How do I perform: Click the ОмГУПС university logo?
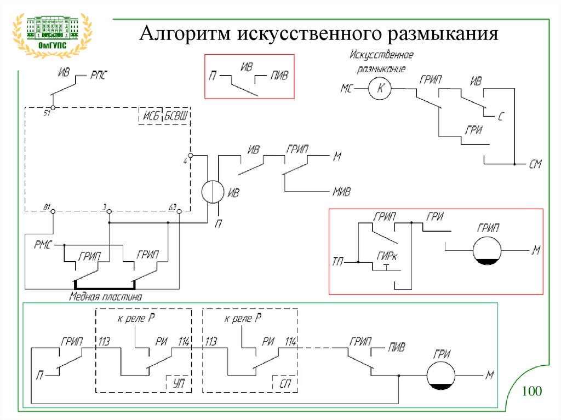[x=53, y=34]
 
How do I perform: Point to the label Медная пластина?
[x=105, y=297]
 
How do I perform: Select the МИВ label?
[x=341, y=192]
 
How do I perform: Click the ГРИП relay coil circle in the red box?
[x=488, y=251]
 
